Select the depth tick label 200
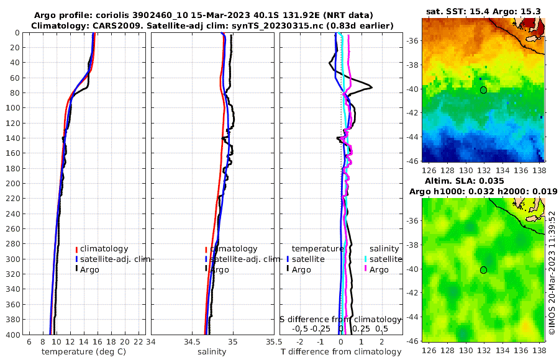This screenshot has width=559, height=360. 12,184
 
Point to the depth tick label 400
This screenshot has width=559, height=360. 12,335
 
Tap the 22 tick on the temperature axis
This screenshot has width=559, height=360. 139,342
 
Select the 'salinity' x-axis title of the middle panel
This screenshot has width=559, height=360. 211,352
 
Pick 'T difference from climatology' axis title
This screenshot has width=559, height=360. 342,352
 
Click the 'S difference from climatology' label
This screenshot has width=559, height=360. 340,319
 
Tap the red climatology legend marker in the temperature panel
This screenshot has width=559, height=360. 76,249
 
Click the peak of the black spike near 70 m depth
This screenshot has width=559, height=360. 371,87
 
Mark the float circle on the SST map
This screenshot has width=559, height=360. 483,90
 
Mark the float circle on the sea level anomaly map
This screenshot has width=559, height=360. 483,269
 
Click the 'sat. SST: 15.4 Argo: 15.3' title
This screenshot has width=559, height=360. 484,11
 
